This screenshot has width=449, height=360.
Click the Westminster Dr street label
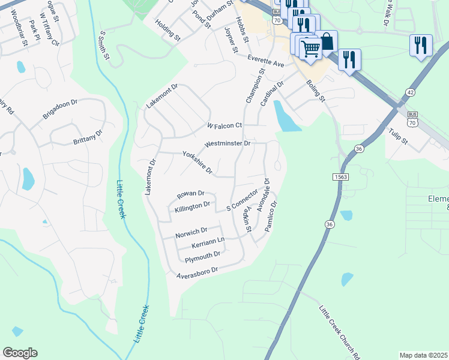pyautogui.click(x=227, y=144)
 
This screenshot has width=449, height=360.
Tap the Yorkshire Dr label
pyautogui.click(x=197, y=163)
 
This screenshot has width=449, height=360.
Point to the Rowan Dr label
pyautogui.click(x=191, y=194)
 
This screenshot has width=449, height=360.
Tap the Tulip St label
pyautogui.click(x=397, y=137)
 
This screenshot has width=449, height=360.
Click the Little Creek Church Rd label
pyautogui.click(x=339, y=332)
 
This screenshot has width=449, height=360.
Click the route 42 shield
pyautogui.click(x=409, y=92)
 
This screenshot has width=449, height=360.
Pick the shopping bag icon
pyautogui.click(x=327, y=41)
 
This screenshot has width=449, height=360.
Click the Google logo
pyautogui.click(x=20, y=353)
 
